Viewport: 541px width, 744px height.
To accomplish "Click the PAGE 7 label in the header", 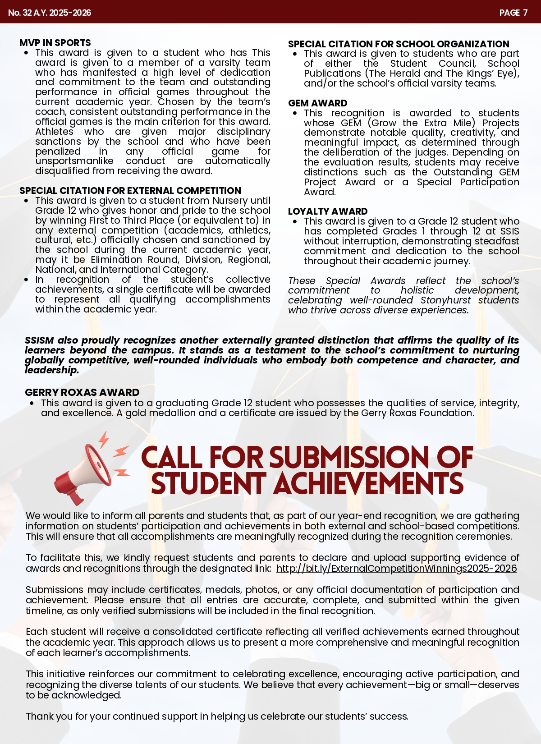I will tap(513, 13).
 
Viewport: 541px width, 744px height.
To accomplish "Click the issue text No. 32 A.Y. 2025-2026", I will tap(50, 13).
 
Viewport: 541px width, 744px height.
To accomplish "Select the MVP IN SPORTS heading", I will tap(55, 43).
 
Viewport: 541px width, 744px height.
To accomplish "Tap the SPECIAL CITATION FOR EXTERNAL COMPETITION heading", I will tap(130, 191).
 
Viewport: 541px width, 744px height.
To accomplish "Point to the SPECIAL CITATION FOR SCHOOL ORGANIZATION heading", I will tap(399, 44).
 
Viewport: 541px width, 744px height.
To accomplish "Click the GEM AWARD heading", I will tap(318, 103).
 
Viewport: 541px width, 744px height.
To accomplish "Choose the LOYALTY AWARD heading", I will tap(328, 211).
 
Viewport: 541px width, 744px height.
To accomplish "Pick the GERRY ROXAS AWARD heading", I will tap(82, 392).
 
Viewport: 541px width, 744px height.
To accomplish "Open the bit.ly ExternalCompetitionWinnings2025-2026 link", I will tap(397, 569).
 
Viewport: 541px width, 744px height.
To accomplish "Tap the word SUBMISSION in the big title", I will tap(350, 457).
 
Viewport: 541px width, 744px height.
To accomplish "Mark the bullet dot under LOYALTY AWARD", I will tap(295, 221).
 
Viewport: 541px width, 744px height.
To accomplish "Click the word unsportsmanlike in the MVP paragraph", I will tap(74, 161).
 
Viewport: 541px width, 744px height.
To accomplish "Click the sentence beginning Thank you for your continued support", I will tap(217, 716).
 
